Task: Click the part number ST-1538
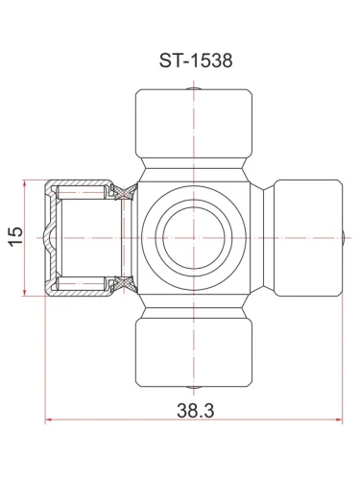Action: pyautogui.click(x=196, y=60)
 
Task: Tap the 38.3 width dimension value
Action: pyautogui.click(x=196, y=411)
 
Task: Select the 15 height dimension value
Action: pyautogui.click(x=16, y=236)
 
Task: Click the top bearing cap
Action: pyautogui.click(x=194, y=124)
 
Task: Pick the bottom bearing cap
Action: pyautogui.click(x=194, y=352)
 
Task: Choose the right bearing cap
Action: pyautogui.click(x=308, y=238)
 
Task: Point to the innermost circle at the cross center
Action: pyautogui.click(x=194, y=238)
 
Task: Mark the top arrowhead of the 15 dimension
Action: pyautogui.click(x=24, y=184)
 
